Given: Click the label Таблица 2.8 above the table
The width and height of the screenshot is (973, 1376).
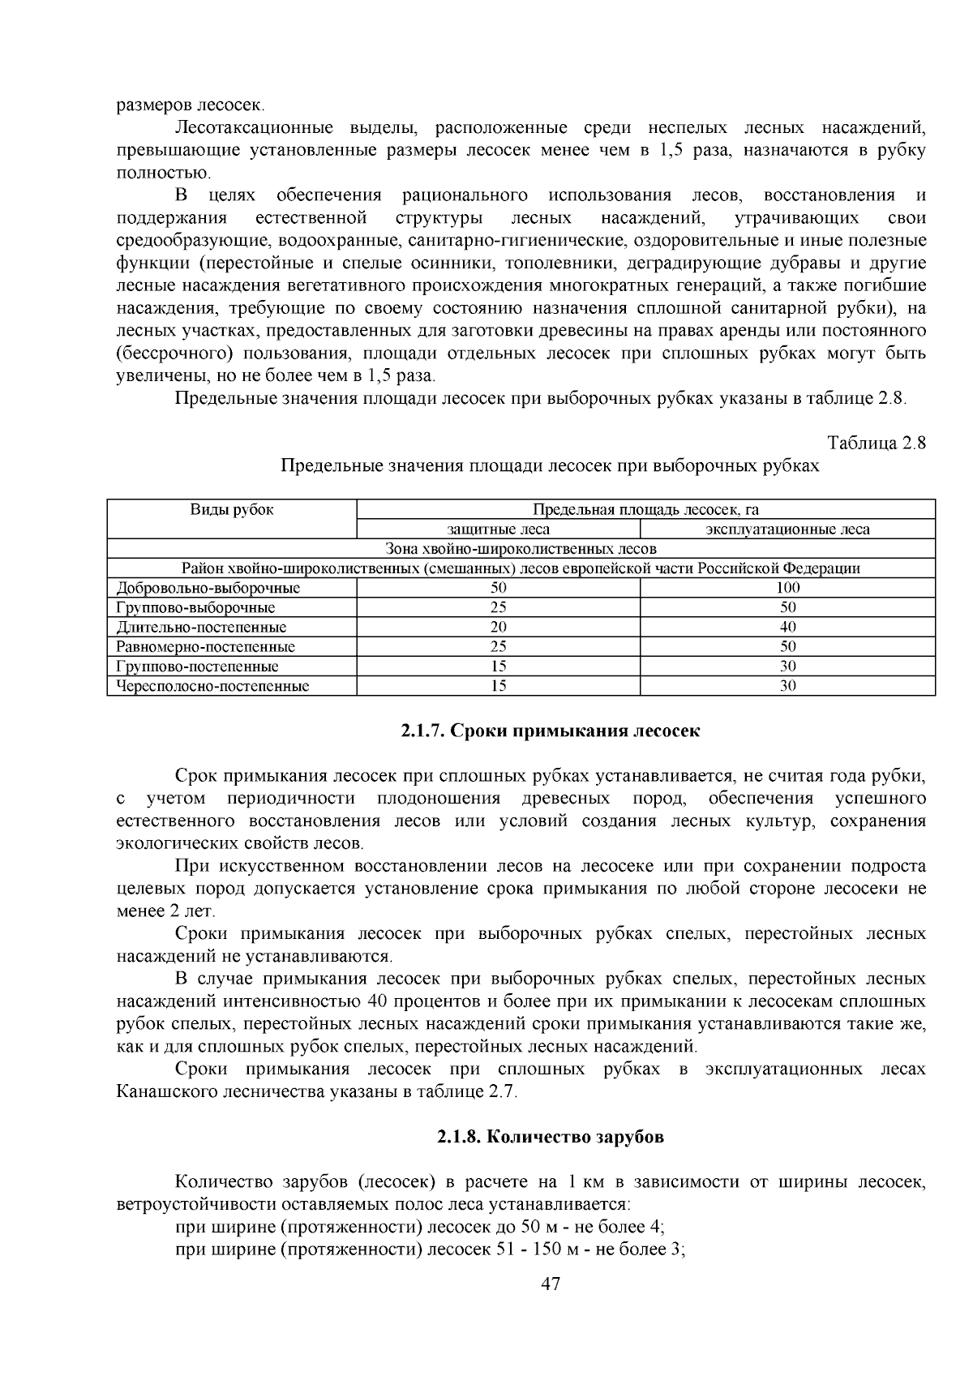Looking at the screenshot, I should [877, 444].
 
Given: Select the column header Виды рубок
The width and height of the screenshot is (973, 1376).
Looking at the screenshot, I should [232, 509].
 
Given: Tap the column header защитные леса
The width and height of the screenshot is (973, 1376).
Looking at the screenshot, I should [498, 529].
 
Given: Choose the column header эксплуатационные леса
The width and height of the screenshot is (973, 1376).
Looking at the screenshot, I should [787, 529].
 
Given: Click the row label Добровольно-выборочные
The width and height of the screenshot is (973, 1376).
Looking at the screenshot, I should [208, 588].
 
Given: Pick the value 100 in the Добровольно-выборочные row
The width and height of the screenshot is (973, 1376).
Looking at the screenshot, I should [787, 588].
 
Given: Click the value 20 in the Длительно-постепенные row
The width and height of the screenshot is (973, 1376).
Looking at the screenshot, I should [498, 627].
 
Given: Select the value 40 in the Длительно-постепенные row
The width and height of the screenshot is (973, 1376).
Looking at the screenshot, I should [787, 627].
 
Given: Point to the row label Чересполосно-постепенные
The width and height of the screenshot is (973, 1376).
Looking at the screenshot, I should [212, 686].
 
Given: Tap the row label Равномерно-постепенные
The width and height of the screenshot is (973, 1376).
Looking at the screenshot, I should [206, 647].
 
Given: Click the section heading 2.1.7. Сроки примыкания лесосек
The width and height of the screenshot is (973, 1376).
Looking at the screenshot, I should [550, 731].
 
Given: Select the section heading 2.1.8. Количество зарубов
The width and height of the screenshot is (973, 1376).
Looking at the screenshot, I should [550, 1137].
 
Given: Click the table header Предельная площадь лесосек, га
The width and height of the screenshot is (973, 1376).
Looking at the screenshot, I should [645, 509].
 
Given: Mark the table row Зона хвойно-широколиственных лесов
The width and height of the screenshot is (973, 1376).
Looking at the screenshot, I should [521, 549].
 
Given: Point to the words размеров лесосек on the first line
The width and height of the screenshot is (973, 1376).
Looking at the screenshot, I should [190, 105].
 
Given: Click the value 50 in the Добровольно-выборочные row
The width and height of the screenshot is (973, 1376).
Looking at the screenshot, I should [498, 588].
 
